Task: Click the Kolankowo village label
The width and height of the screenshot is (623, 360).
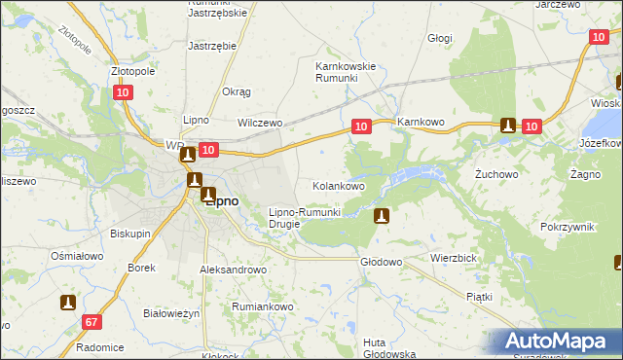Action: tap(338, 185)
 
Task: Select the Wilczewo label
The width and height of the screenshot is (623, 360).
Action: tap(260, 124)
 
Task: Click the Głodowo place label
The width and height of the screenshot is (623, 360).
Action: tap(382, 262)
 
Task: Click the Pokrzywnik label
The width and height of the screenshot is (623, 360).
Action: tap(567, 226)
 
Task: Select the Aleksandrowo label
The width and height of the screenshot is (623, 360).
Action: tap(233, 270)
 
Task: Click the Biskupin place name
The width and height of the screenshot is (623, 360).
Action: tap(129, 234)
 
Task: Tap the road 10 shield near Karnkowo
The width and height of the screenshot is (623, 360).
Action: tap(361, 126)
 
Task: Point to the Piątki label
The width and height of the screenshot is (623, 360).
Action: tap(479, 296)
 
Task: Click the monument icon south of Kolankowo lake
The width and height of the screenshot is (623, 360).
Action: tap(383, 216)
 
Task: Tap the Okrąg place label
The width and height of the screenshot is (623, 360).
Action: tap(237, 91)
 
